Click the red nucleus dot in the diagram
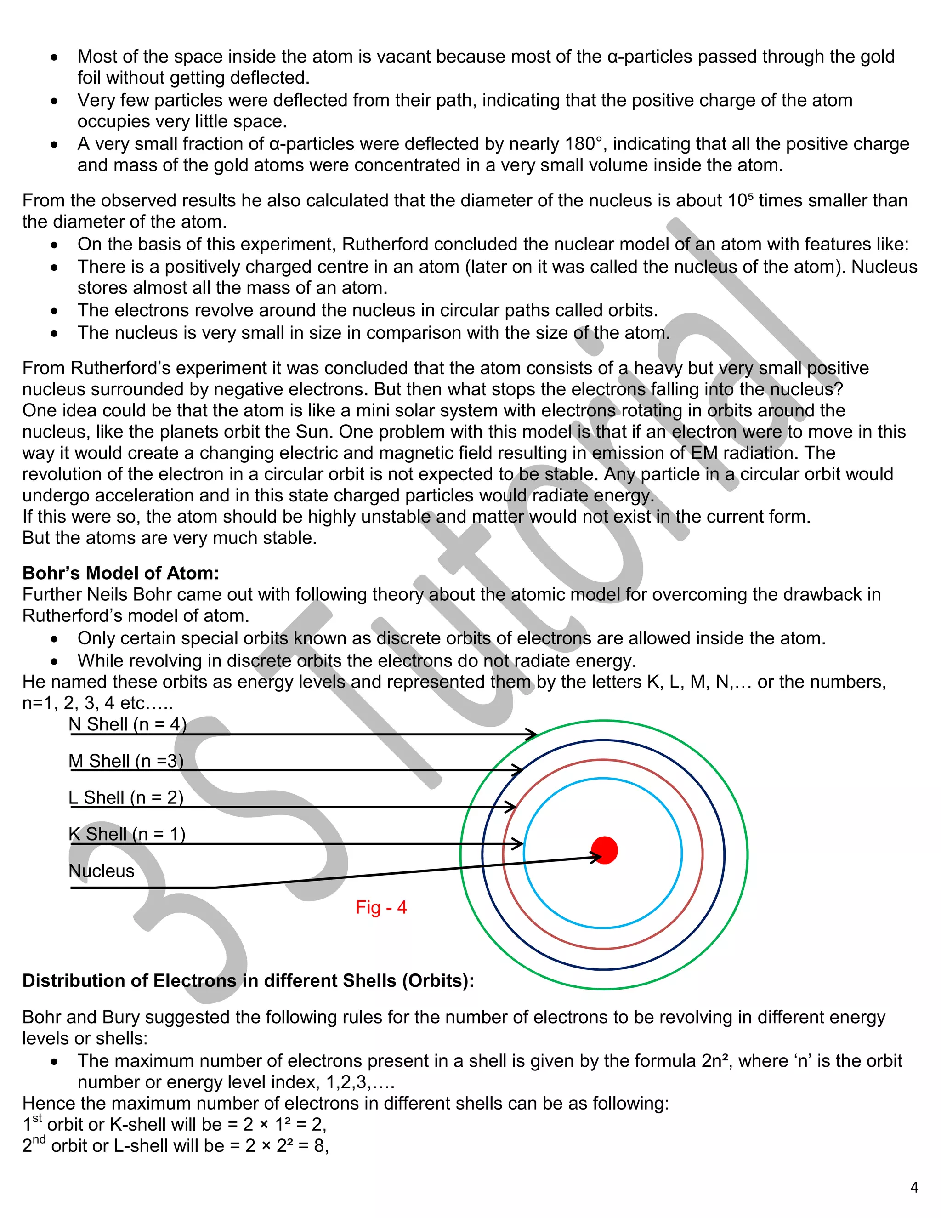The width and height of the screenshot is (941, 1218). point(604,850)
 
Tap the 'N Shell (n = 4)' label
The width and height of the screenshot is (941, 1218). point(127,724)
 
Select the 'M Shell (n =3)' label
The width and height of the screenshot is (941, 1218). point(126,761)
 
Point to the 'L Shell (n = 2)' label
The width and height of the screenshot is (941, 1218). point(126,797)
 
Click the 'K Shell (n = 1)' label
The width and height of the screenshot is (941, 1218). point(127,834)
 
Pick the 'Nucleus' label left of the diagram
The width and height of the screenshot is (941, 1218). point(102,871)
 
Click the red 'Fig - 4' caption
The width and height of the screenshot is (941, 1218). point(381,907)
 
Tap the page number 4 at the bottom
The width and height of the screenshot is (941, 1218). point(914,1187)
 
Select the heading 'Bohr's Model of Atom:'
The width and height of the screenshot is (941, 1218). point(121,573)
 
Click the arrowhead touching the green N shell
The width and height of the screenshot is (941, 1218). point(533,734)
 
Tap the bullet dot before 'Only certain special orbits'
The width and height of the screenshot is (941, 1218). point(54,639)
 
